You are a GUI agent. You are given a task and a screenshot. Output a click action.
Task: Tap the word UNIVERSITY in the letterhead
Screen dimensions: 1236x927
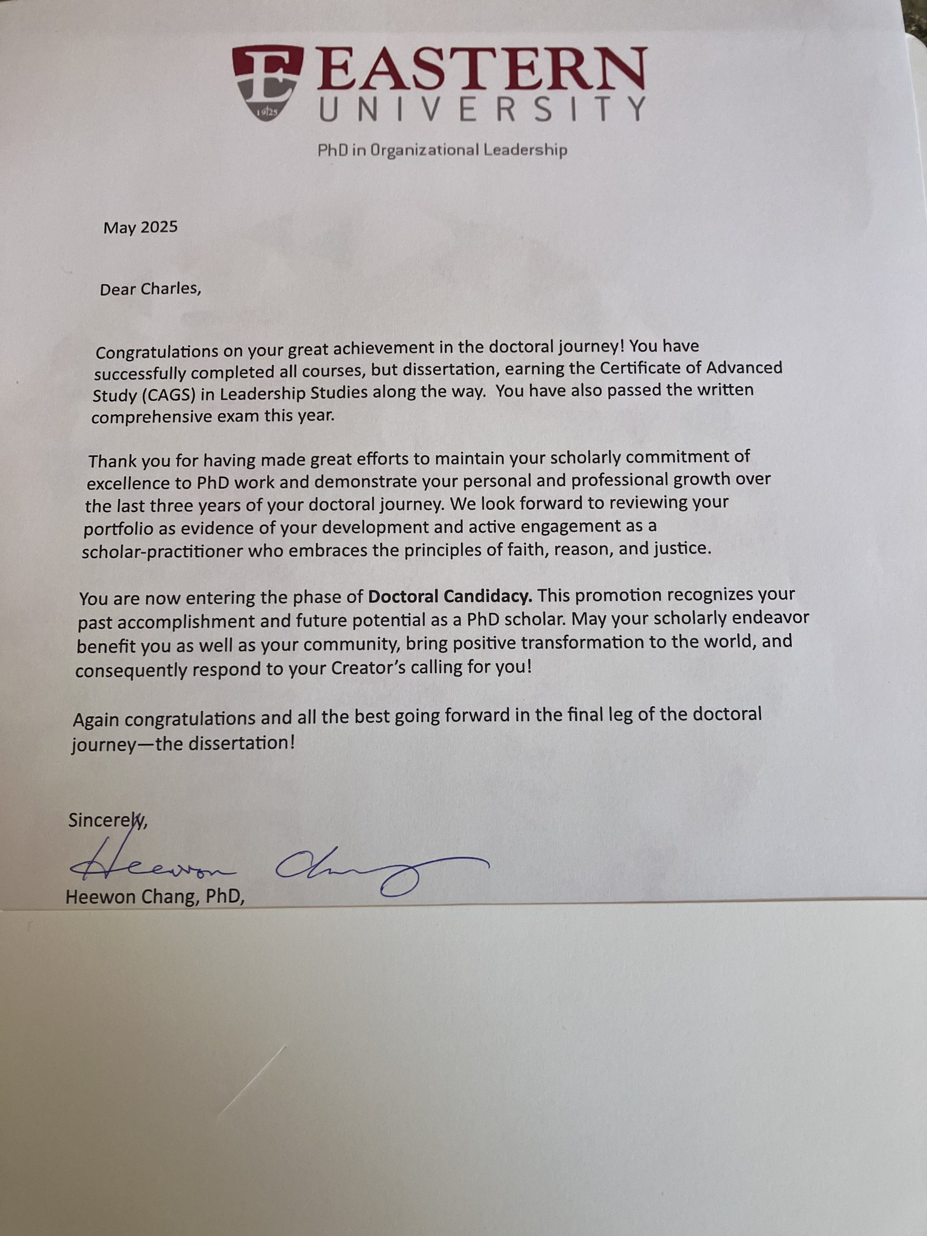[482, 109]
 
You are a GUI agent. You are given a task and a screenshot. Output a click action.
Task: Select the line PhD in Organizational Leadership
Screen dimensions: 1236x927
[442, 150]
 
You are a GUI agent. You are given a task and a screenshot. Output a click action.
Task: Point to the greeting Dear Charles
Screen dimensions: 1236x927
[149, 289]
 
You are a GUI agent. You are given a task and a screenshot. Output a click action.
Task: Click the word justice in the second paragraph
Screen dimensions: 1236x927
[681, 548]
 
